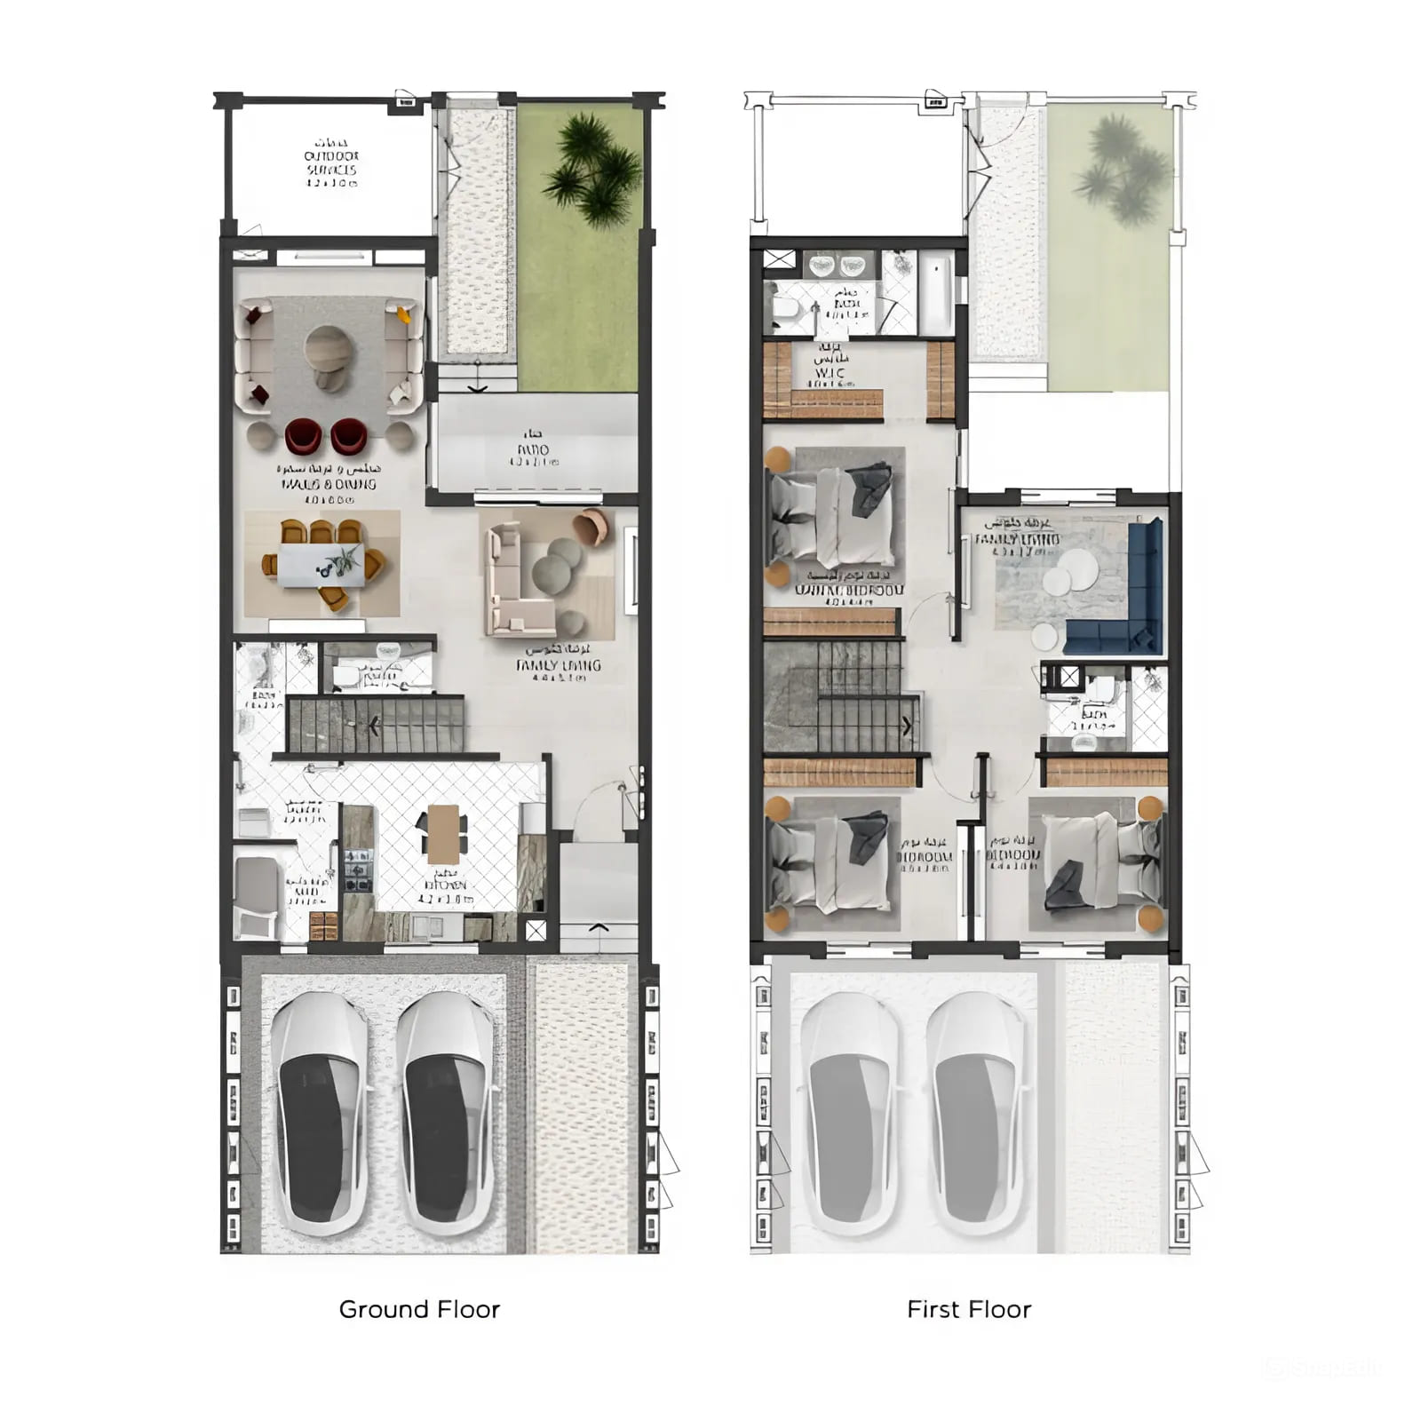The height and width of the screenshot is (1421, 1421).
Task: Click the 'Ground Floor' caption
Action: pyautogui.click(x=419, y=1309)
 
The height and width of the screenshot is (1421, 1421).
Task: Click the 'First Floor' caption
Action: pyautogui.click(x=969, y=1309)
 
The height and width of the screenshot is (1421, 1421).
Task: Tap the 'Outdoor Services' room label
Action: pyautogui.click(x=331, y=163)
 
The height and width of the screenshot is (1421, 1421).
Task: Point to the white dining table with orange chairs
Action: pyautogui.click(x=322, y=565)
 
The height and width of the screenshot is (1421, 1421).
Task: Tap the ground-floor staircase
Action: pyautogui.click(x=376, y=725)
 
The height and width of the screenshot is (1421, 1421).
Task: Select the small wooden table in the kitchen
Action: pyautogui.click(x=443, y=834)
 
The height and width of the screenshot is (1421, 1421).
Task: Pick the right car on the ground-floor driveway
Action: pyautogui.click(x=444, y=1115)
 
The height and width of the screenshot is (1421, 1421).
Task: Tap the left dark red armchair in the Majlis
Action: pyautogui.click(x=302, y=435)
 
